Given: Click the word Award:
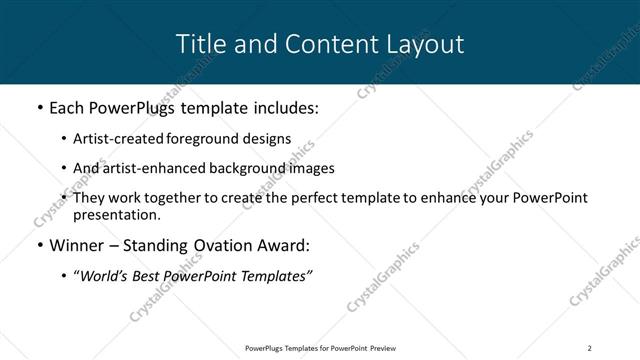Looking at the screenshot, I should (x=285, y=243).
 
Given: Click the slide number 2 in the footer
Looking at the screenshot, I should (x=589, y=347).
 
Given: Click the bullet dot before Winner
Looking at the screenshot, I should (x=39, y=244).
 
